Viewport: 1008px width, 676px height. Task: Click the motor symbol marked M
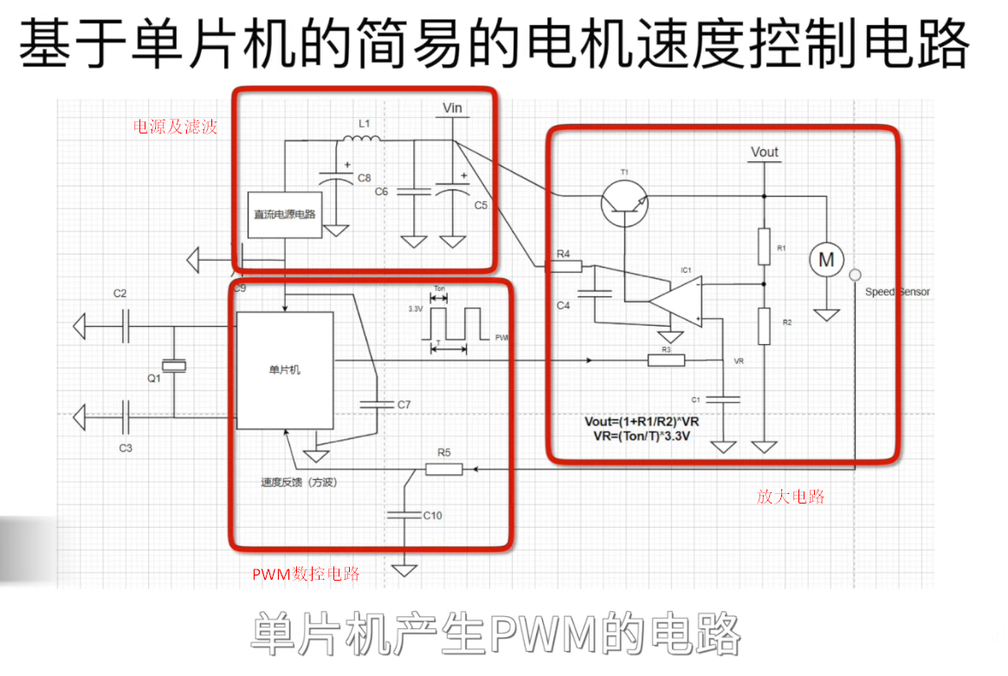[x=826, y=259]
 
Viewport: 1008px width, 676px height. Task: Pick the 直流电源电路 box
[x=284, y=213]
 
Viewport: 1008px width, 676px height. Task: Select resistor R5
[x=444, y=469]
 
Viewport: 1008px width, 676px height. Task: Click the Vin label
[x=452, y=108]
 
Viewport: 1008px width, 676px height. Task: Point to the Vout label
[x=765, y=152]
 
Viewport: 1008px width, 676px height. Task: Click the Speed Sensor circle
[x=855, y=276]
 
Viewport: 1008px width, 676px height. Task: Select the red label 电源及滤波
[x=175, y=127]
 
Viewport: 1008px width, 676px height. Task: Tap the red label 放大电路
[x=790, y=497]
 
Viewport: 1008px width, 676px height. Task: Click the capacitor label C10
[x=432, y=516]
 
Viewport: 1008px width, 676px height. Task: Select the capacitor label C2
[x=120, y=293]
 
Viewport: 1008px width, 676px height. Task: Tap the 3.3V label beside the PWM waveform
[x=417, y=308]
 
